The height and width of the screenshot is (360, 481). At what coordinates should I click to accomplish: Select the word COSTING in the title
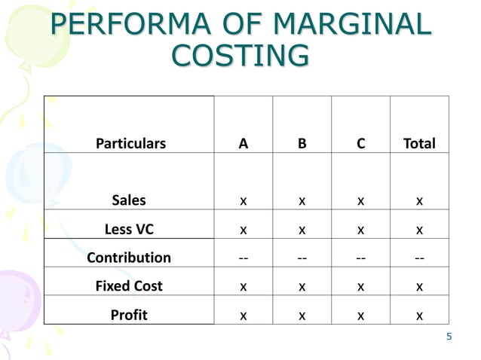point(240,56)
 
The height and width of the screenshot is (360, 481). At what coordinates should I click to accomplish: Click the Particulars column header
point(130,143)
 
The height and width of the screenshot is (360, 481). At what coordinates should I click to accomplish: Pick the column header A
point(243,143)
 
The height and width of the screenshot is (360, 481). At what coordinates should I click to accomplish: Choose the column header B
point(302,143)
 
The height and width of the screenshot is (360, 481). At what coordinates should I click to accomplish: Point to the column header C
point(361,143)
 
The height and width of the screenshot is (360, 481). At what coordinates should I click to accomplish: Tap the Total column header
point(419,143)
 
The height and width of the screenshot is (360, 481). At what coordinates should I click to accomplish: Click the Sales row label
point(129,200)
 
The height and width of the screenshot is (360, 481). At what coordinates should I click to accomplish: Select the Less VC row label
point(129,229)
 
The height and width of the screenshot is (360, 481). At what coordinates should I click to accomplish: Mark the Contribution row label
point(129,258)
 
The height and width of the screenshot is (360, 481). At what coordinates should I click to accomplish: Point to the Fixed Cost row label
point(129,286)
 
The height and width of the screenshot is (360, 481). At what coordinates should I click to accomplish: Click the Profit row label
point(129,315)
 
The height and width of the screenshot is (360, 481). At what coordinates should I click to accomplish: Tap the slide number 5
point(449,337)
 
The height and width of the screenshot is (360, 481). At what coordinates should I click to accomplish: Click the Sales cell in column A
point(243,201)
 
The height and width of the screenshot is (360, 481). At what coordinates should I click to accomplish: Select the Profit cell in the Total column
point(419,316)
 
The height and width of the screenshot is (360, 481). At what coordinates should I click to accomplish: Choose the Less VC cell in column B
point(302,230)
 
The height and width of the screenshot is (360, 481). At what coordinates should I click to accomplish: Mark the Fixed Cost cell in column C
point(361,287)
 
